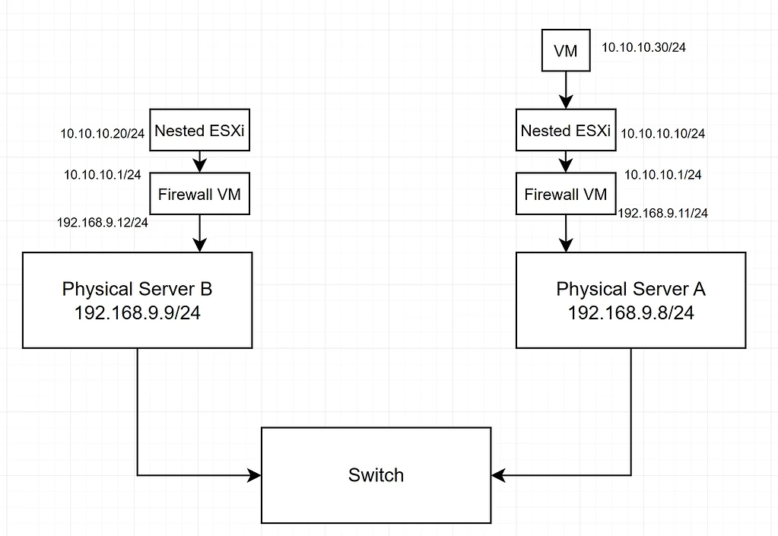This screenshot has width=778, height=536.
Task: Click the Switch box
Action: click(x=376, y=475)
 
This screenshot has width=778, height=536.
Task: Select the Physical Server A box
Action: click(x=630, y=300)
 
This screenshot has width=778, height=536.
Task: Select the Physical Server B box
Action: click(x=137, y=300)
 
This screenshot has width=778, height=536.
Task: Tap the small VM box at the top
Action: click(x=565, y=50)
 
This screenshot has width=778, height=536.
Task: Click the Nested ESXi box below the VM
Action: click(x=565, y=131)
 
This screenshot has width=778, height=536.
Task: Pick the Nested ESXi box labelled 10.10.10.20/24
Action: click(x=199, y=131)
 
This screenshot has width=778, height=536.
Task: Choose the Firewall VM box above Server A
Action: click(x=565, y=194)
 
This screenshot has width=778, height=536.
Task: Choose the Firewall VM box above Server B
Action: click(x=199, y=194)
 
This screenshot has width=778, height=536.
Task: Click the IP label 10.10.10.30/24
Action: click(x=644, y=47)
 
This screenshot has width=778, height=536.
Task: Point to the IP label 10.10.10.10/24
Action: click(x=663, y=134)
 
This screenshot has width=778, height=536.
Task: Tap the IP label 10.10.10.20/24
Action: click(x=103, y=134)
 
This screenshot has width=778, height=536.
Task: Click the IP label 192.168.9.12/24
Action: click(x=102, y=223)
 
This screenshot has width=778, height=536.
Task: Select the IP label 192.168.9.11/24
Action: click(x=663, y=214)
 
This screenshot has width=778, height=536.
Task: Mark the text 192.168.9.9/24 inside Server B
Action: click(x=137, y=312)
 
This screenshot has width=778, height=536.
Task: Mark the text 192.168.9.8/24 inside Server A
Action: click(x=630, y=312)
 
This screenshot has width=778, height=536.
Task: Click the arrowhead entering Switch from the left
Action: click(x=255, y=475)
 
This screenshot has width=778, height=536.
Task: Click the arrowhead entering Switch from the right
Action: click(x=498, y=475)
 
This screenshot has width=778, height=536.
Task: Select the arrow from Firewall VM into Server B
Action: click(x=199, y=233)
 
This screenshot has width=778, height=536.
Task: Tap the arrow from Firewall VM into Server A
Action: click(x=565, y=233)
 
